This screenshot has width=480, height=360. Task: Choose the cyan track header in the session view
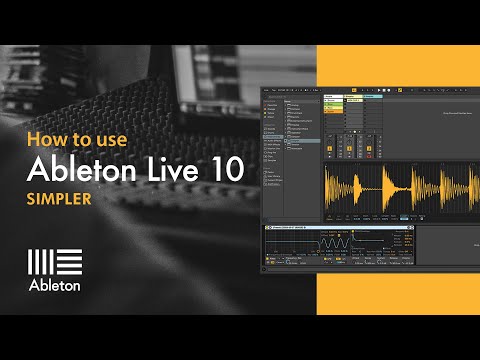pos(372,98)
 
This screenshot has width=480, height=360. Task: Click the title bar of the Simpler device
pos(300,228)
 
